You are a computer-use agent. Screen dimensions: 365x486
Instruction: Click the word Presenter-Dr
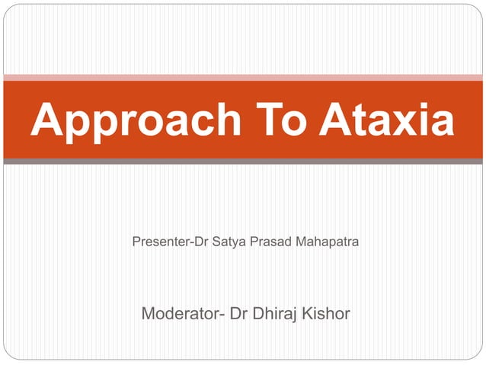pyautogui.click(x=167, y=242)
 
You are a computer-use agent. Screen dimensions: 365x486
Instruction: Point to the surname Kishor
pyautogui.click(x=328, y=313)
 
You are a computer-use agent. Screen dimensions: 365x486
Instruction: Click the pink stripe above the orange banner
pyautogui.click(x=243, y=77)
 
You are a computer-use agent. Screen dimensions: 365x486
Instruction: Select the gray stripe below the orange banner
pyautogui.click(x=243, y=162)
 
